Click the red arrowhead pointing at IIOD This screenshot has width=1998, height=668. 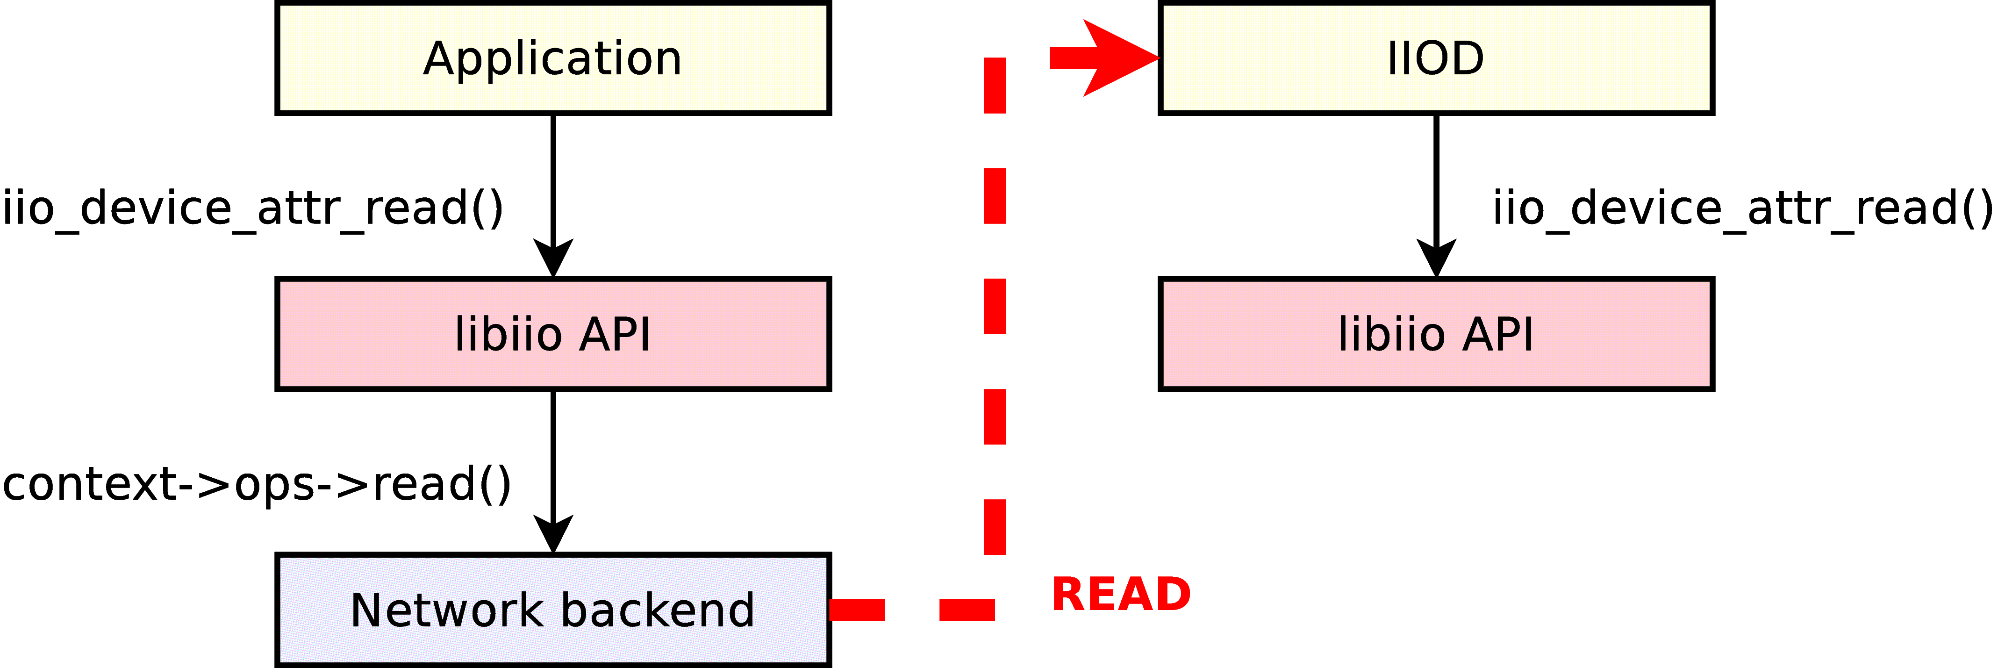coord(1117,58)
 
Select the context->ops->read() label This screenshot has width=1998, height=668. coord(256,484)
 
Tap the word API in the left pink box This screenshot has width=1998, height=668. coord(615,334)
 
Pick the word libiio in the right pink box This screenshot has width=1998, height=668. coord(1391,334)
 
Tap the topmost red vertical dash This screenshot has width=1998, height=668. coord(995,86)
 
